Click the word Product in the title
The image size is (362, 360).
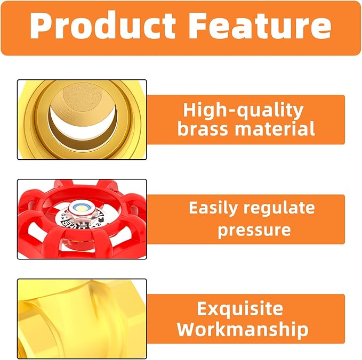[103, 25]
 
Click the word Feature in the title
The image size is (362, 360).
[260, 25]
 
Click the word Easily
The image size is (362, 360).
[213, 208]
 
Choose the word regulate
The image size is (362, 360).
[279, 208]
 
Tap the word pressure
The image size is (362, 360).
[254, 231]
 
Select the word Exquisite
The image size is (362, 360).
[240, 308]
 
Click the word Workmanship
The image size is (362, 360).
[243, 329]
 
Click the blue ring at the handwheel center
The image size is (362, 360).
[78, 207]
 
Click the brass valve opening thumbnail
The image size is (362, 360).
[82, 119]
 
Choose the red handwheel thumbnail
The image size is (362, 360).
[82, 219]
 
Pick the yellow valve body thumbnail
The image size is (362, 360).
[82, 318]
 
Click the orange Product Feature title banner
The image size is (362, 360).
[181, 28]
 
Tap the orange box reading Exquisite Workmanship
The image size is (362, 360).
[246, 318]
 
